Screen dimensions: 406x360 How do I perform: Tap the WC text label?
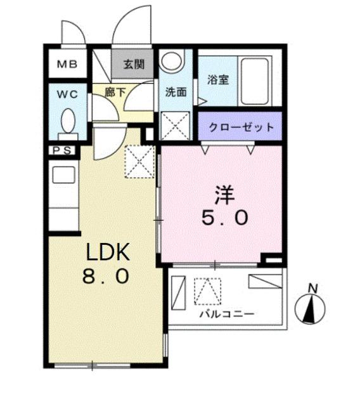pos(67,95)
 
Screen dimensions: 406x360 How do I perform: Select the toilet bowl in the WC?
pos(68,120)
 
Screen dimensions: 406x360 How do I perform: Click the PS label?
pos(61,150)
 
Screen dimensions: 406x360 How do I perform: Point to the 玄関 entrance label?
pos(132,63)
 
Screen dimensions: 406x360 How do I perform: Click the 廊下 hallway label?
pos(116,92)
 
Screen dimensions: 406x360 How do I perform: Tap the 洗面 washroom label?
pos(175,92)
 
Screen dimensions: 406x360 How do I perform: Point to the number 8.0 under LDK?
pos(108,277)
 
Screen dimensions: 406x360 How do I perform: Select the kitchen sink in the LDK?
pos(63,174)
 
